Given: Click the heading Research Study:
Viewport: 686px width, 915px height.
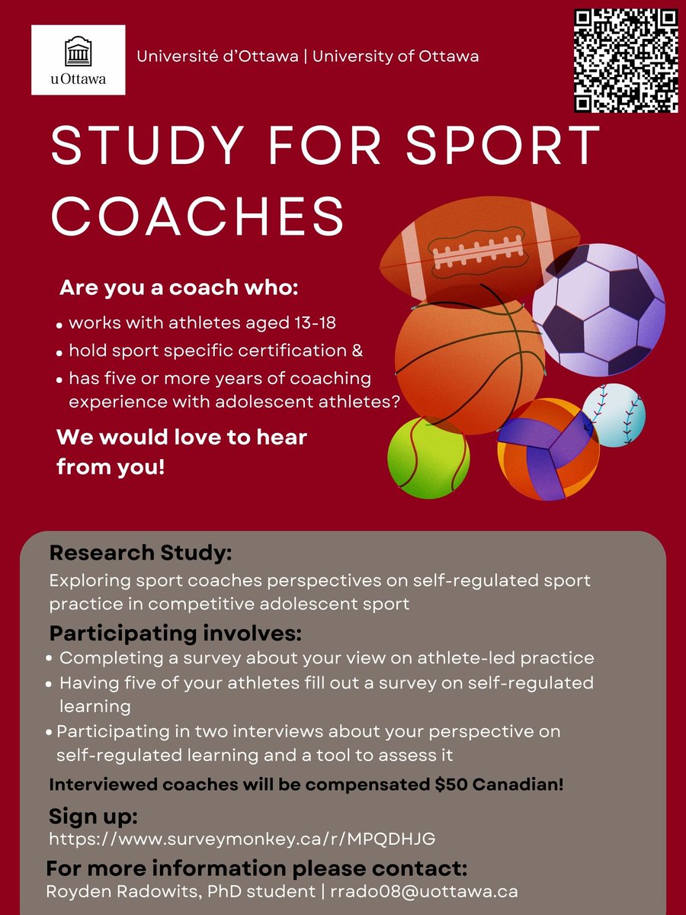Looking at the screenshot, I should (140, 551).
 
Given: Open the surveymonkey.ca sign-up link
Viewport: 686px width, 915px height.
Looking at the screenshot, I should (242, 839).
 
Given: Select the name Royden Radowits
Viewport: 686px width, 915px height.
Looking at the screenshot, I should (127, 890).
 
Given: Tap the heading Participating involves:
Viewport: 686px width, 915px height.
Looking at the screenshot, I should (176, 633).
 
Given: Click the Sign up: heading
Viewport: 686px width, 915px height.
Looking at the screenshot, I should (93, 817).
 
